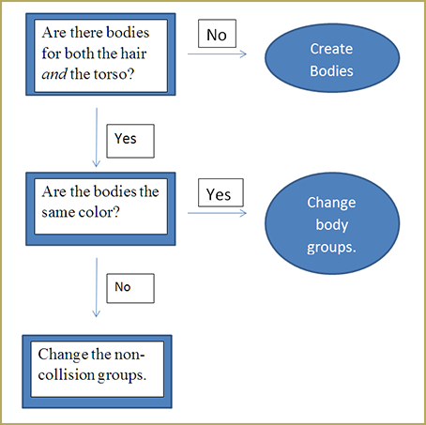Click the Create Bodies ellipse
click(332, 58)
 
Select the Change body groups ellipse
click(332, 223)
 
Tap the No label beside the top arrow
click(217, 34)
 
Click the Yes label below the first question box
click(130, 141)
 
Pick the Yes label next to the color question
click(221, 192)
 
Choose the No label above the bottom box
click(130, 288)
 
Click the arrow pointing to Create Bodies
click(217, 54)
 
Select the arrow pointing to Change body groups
click(217, 213)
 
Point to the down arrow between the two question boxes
click(97, 137)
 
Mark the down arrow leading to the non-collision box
click(97, 287)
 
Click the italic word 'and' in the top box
click(54, 74)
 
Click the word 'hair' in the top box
click(133, 53)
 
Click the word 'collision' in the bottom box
click(66, 374)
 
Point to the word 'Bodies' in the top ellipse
click(331, 71)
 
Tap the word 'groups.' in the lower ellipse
click(331, 248)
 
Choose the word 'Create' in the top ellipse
click(331, 49)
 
